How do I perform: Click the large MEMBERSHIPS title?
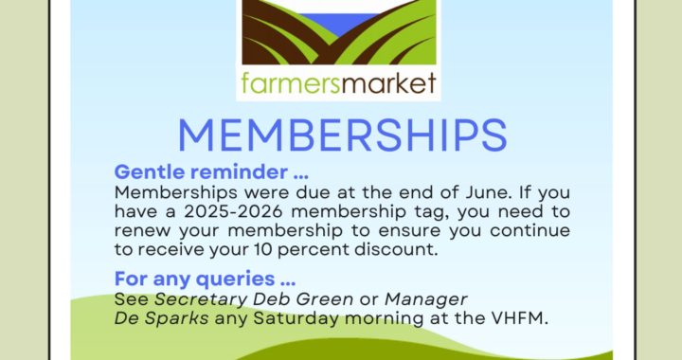click(x=342, y=135)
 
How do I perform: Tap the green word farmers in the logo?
click(x=290, y=82)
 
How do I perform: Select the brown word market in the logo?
click(x=388, y=82)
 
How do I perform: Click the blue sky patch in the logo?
click(x=339, y=24)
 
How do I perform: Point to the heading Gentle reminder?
click(x=211, y=172)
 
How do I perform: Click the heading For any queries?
click(x=205, y=279)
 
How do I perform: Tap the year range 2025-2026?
click(x=233, y=212)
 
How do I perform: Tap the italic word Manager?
click(x=426, y=299)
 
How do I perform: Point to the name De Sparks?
click(x=161, y=318)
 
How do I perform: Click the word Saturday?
click(x=296, y=318)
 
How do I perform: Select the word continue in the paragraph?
click(x=529, y=230)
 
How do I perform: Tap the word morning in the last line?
click(x=384, y=318)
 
